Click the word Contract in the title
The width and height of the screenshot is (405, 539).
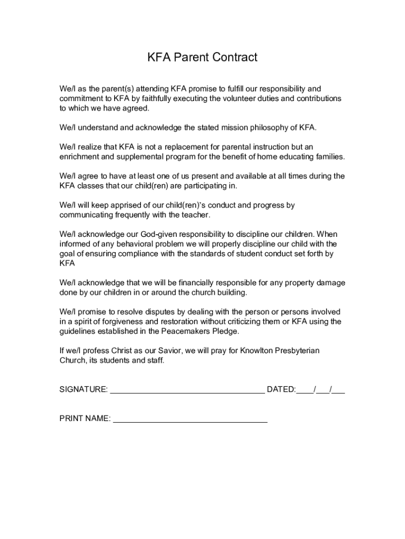[233, 57]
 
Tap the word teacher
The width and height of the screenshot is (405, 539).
[196, 215]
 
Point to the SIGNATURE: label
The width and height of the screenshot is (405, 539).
[84, 390]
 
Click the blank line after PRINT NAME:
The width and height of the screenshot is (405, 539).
[190, 420]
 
